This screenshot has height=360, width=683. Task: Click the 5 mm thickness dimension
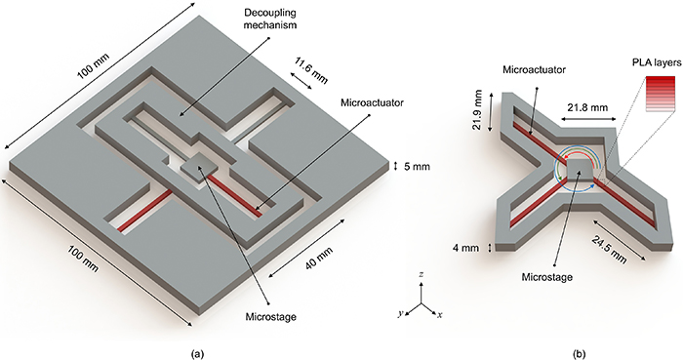point(408,165)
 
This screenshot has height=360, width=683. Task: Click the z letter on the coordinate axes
point(422,278)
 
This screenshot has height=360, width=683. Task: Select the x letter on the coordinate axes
point(441,315)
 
